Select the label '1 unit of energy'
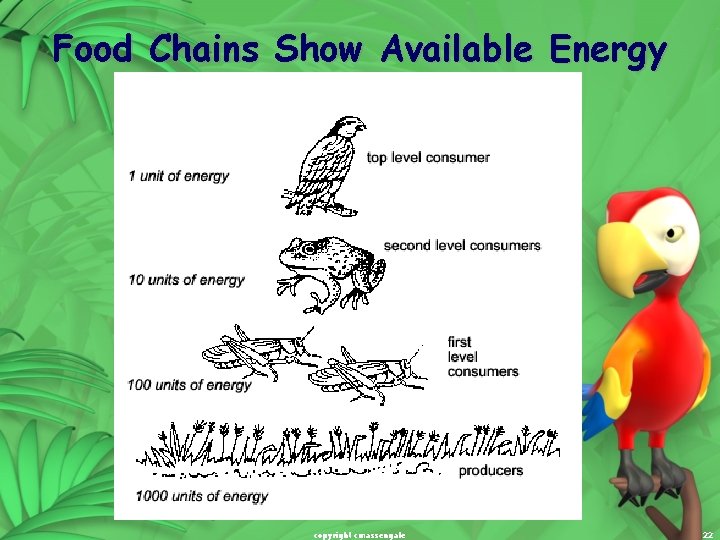pyautogui.click(x=178, y=176)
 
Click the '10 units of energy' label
pyautogui.click(x=186, y=280)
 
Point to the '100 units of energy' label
pyautogui.click(x=190, y=385)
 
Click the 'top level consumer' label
pyautogui.click(x=428, y=157)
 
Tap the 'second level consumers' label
pyautogui.click(x=462, y=245)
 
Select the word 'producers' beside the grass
pyautogui.click(x=490, y=470)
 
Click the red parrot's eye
pyautogui.click(x=675, y=233)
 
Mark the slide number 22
pyautogui.click(x=707, y=535)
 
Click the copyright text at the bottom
pyautogui.click(x=359, y=535)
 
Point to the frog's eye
pyautogui.click(x=309, y=248)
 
